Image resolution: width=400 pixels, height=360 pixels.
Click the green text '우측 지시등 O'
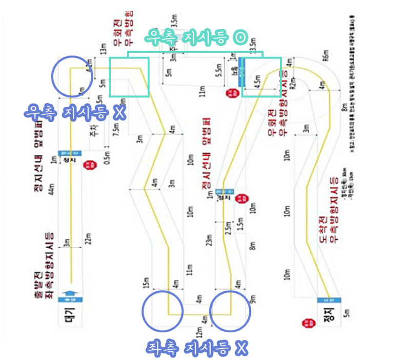click(196, 37)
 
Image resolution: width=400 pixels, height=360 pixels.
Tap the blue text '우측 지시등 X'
click(75, 112)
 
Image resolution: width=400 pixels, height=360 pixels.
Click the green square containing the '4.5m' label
click(262, 77)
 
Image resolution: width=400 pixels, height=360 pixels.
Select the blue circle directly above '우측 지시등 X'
click(73, 76)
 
